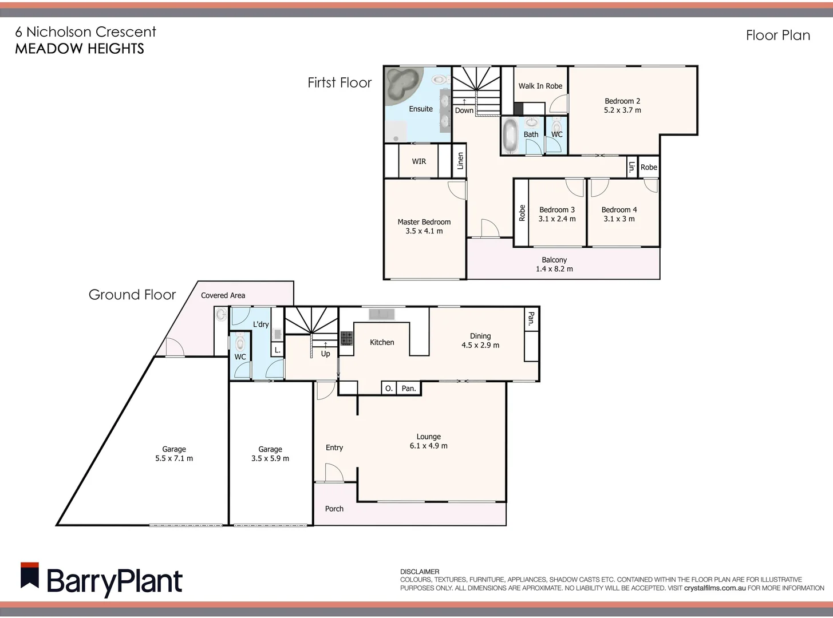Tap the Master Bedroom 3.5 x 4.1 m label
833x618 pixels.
(424, 227)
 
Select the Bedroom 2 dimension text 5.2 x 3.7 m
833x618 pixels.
(622, 110)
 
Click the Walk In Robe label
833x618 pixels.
(540, 86)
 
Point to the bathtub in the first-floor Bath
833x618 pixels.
(510, 135)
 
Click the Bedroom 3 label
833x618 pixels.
(556, 210)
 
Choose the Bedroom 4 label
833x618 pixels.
(619, 210)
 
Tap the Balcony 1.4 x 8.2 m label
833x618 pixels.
(554, 264)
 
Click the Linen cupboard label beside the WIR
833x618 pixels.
(460, 161)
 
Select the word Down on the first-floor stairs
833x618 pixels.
(464, 110)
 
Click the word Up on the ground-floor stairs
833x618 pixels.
(325, 354)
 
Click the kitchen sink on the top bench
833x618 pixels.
(382, 314)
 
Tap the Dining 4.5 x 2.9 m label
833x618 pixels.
(480, 340)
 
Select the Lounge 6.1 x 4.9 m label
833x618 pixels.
(428, 441)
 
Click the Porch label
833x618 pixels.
(334, 509)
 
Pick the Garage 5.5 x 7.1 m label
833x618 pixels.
(174, 454)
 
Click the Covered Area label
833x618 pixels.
(223, 295)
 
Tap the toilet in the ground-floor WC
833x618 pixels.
(240, 343)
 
